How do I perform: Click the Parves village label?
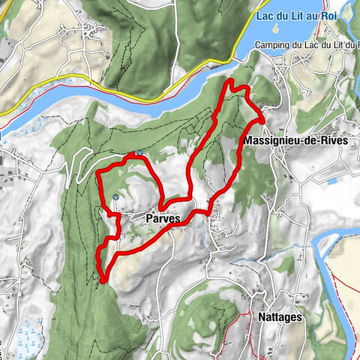pyautogui.click(x=162, y=219)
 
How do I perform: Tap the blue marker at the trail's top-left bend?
pyautogui.click(x=139, y=153)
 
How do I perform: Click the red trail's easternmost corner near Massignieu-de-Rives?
pyautogui.click(x=262, y=118)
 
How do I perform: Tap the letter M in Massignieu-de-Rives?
pyautogui.click(x=248, y=140)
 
